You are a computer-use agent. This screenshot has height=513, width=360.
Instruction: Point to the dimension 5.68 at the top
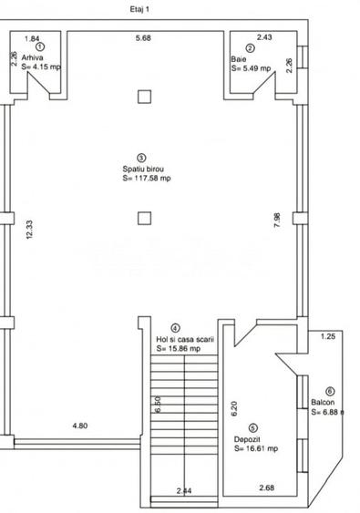tap(143, 38)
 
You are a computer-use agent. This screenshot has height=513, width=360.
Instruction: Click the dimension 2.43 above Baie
tap(263, 38)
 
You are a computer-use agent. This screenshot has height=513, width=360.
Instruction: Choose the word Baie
tap(239, 58)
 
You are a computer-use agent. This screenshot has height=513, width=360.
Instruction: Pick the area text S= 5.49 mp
tap(251, 67)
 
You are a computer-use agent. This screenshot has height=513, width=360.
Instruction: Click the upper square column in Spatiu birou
tap(143, 97)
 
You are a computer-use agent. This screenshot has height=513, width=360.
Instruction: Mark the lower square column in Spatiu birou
tap(143, 217)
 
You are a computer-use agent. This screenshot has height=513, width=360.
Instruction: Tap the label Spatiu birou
tap(143, 169)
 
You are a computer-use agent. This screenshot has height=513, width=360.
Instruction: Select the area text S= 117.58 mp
tap(147, 179)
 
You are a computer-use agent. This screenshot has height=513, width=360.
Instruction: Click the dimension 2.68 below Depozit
tap(266, 488)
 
